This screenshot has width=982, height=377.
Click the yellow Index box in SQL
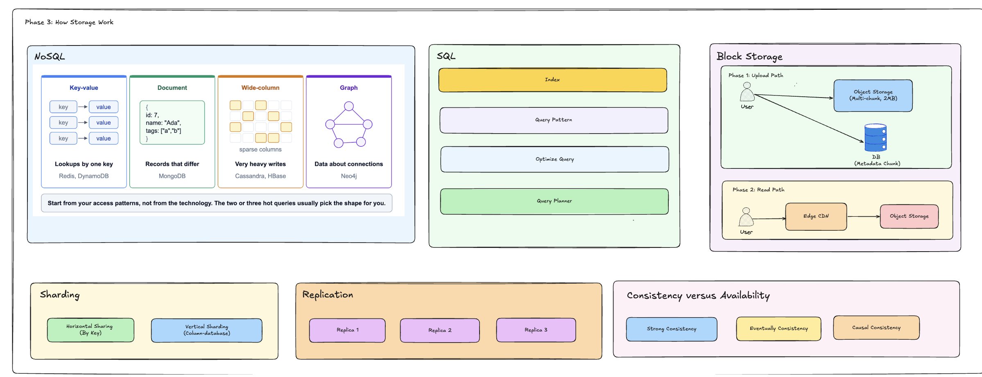[x=552, y=80]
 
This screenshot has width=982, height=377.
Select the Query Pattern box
[x=554, y=120]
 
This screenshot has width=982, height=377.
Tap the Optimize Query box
[x=554, y=159]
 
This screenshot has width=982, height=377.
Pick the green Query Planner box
[x=554, y=201]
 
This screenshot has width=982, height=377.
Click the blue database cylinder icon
[x=876, y=138]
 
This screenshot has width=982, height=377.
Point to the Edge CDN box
[x=816, y=216]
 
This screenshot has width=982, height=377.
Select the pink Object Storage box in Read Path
[x=909, y=216]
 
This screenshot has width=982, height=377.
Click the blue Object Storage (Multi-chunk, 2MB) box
[x=873, y=95]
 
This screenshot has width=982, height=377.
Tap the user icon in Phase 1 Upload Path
[x=747, y=92]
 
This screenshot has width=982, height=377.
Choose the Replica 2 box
[x=440, y=330]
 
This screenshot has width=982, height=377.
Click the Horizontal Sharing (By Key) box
[x=91, y=330]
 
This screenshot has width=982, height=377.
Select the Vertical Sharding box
[x=206, y=330]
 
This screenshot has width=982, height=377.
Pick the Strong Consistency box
[x=672, y=329]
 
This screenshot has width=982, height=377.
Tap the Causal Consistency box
[x=876, y=328]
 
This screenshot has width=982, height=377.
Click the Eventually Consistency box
[x=778, y=329]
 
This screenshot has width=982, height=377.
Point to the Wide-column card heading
[x=260, y=88]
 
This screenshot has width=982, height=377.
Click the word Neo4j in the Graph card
[x=349, y=176]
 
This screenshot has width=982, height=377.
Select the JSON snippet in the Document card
[x=172, y=123]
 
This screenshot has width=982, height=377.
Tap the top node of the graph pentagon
[x=349, y=106]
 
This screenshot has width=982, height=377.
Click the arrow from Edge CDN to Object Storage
[x=864, y=216]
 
